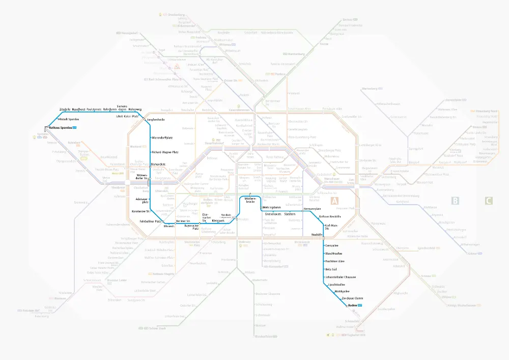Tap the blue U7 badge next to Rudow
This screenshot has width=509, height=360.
pos(360,305)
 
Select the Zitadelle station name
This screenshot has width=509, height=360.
pos(65,109)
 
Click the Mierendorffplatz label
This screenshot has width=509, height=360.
pos(164,138)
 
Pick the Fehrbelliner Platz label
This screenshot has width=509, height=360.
pos(151,221)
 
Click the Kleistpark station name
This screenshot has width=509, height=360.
pos(218,221)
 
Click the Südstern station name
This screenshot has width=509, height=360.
pos(290,214)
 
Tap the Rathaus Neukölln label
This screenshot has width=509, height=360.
pos(329,217)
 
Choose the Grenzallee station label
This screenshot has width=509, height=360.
pos(332,245)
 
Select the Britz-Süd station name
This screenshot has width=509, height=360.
pos(331,269)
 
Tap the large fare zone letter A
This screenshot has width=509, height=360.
pos(335,201)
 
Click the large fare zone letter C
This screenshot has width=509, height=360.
pos(488,201)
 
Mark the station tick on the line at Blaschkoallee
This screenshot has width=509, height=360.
pos(324,253)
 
